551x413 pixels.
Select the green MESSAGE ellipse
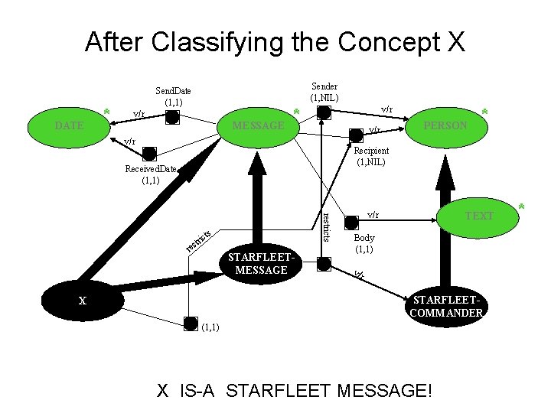click(x=258, y=125)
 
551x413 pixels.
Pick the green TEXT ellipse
click(x=479, y=216)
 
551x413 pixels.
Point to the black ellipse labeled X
click(x=82, y=301)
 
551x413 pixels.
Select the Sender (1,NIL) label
click(x=324, y=92)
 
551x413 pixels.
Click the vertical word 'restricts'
click(x=326, y=225)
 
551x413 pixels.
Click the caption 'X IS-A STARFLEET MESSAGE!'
click(x=295, y=391)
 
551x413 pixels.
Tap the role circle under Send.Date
click(x=173, y=116)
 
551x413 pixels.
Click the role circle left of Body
click(x=350, y=223)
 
